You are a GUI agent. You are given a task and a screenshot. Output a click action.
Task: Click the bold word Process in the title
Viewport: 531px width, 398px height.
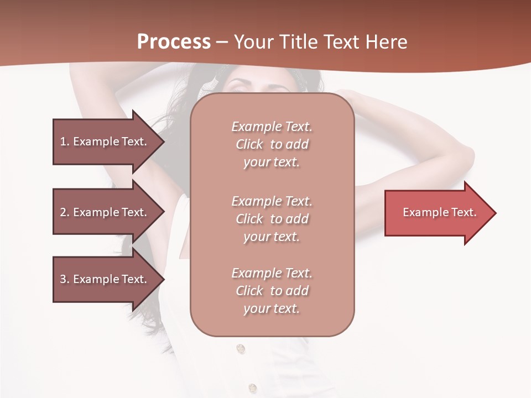pyautogui.click(x=174, y=42)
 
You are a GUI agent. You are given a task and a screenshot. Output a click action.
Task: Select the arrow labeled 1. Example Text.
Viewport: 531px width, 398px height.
pyautogui.click(x=105, y=142)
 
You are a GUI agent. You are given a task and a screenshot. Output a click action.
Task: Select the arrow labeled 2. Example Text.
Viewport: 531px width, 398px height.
pyautogui.click(x=105, y=212)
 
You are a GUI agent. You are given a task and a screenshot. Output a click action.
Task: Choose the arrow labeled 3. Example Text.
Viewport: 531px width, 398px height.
pyautogui.click(x=105, y=279)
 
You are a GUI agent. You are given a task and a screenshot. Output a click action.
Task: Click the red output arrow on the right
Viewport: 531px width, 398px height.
pyautogui.click(x=437, y=212)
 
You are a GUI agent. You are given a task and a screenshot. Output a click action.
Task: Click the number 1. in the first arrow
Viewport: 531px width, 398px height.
pyautogui.click(x=65, y=142)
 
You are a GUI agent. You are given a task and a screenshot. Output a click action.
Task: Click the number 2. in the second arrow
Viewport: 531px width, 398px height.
pyautogui.click(x=65, y=212)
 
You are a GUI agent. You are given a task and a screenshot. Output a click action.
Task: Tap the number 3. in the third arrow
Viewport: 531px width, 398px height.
pyautogui.click(x=65, y=279)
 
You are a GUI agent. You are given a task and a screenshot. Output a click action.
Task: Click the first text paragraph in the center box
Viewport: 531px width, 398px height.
pyautogui.click(x=272, y=144)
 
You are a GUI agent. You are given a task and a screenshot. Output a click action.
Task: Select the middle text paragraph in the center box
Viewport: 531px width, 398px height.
pyautogui.click(x=272, y=219)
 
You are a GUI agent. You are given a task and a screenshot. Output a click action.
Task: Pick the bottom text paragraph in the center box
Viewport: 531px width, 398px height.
pyautogui.click(x=272, y=291)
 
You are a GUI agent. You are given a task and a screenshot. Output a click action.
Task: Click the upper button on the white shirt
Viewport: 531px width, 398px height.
pyautogui.click(x=240, y=349)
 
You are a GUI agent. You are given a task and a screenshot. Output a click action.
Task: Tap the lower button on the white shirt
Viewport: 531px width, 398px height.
pyautogui.click(x=252, y=388)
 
